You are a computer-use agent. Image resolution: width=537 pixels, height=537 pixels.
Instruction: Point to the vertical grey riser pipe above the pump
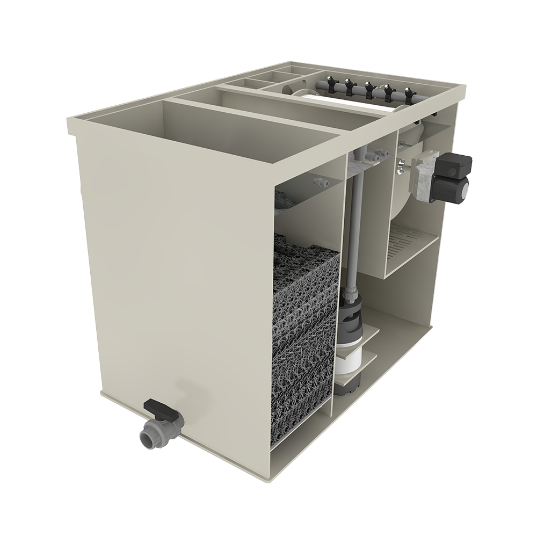pyautogui.click(x=353, y=226)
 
